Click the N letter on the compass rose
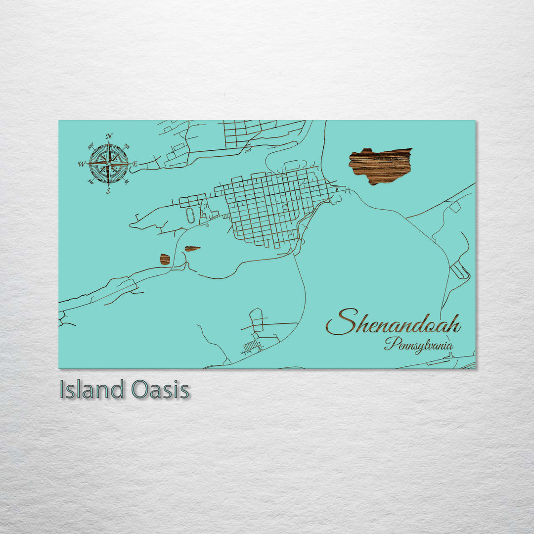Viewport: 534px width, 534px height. [109, 136]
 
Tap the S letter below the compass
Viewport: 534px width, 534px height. [108, 191]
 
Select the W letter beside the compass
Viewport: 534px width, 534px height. [81, 164]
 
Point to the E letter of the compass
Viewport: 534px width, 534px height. [135, 164]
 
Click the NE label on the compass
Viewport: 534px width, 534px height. [127, 146]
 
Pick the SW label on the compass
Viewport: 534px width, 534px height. [91, 181]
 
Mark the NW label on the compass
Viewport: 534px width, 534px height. [91, 146]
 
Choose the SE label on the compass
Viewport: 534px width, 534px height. [127, 181]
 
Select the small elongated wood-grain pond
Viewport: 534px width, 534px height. [192, 249]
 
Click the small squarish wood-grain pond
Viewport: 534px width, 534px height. [165, 259]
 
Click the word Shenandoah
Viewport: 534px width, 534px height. [393, 322]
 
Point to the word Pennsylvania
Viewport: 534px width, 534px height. [418, 345]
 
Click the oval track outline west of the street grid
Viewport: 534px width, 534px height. [190, 214]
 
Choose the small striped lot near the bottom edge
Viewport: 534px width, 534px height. [252, 346]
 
